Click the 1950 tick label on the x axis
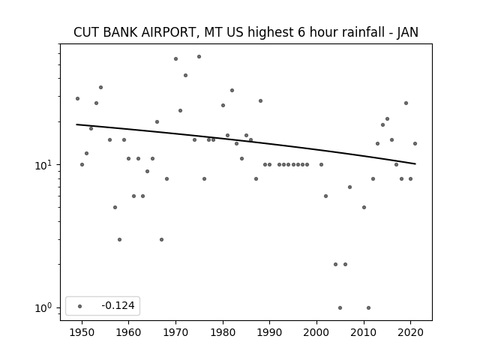(82, 332)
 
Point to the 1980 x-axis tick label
(223, 332)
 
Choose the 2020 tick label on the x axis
(410, 332)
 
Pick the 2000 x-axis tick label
(316, 332)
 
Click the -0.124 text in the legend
(118, 305)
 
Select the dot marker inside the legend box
(80, 306)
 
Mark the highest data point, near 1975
(199, 57)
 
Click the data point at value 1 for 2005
(340, 307)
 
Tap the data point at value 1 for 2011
(368, 307)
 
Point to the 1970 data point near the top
(175, 58)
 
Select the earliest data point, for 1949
(77, 98)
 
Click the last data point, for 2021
(415, 143)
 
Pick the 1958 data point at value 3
(119, 239)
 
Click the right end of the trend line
(415, 164)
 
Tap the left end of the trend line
(76, 124)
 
